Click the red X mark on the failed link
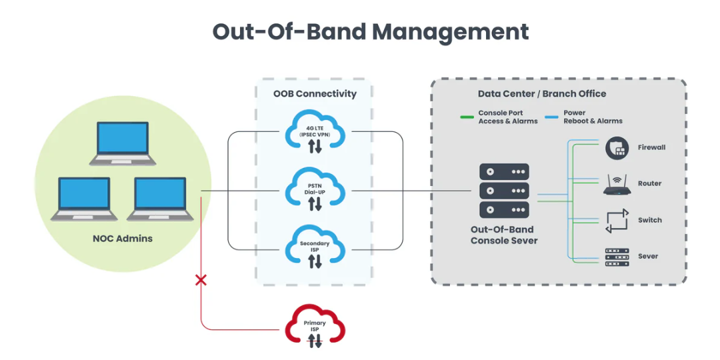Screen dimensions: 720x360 [x=201, y=279]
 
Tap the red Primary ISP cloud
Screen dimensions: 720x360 [x=315, y=327]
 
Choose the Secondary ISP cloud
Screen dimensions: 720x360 [x=315, y=248]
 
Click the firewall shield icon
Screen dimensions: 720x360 [x=616, y=148]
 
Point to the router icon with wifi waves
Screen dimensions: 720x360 [x=616, y=185]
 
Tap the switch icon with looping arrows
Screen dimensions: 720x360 [x=616, y=221]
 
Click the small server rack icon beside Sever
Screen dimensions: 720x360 [x=616, y=257]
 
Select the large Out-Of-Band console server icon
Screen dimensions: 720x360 [x=504, y=191]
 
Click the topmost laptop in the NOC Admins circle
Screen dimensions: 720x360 [x=123, y=143]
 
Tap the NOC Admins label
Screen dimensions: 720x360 [x=123, y=239]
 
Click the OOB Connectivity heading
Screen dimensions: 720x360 [x=315, y=94]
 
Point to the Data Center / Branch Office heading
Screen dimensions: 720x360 [x=542, y=94]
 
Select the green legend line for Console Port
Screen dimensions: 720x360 [x=467, y=117]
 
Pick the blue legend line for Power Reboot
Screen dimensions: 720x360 [x=552, y=117]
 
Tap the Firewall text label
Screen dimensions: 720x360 [x=651, y=148]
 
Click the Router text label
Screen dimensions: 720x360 [x=649, y=184]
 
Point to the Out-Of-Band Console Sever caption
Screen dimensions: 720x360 [x=504, y=235]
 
